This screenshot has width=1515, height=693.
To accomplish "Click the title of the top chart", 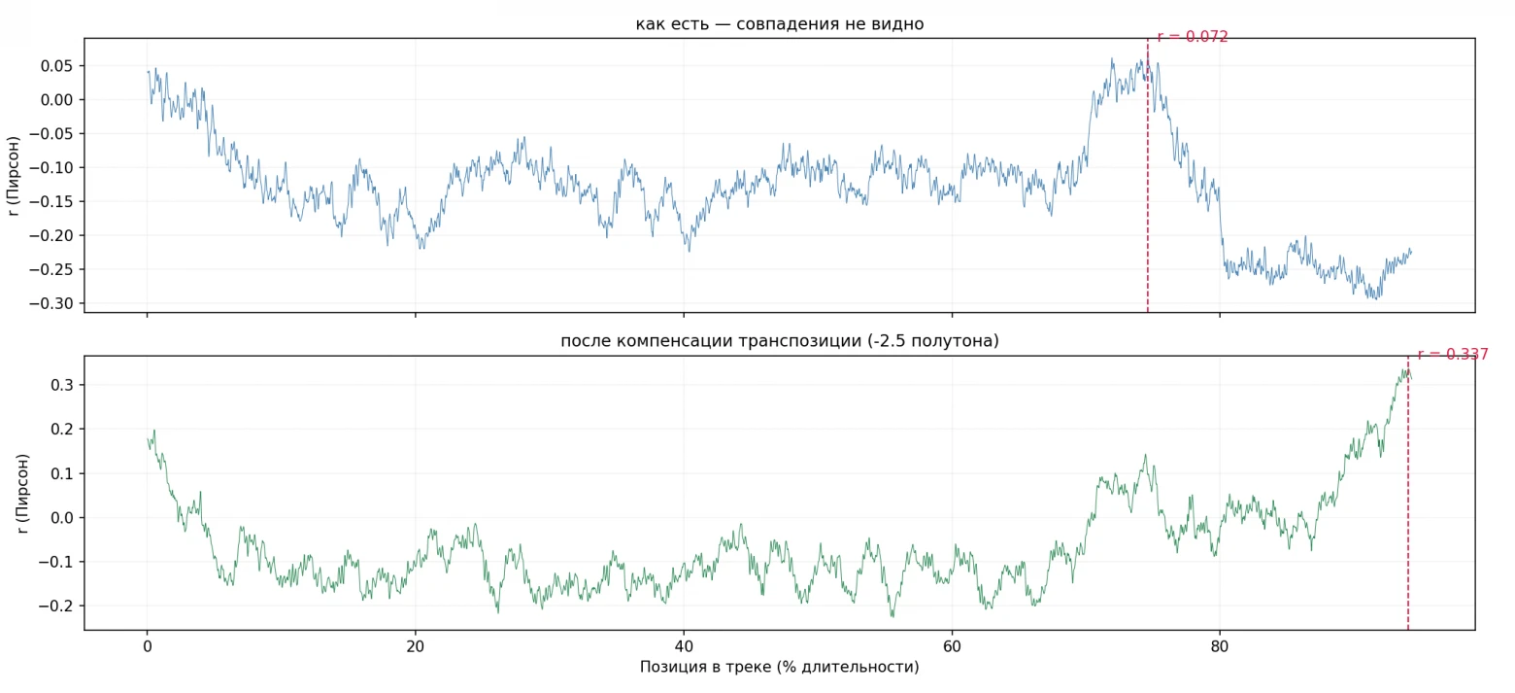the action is coord(779,24).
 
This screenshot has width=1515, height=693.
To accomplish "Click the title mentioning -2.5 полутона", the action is coord(779,340).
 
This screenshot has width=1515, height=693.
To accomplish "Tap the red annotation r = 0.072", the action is coord(1193,37).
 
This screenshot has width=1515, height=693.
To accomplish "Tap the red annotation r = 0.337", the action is coord(1453,354).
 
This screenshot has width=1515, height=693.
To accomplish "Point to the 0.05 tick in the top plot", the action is coord(56,66).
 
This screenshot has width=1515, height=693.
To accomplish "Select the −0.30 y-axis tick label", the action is coord(51,303).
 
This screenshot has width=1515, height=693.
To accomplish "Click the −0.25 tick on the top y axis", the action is coord(51,269).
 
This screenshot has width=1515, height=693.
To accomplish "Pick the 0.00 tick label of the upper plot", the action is coord(56,100).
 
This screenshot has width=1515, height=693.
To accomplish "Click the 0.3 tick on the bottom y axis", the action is coord(62,385).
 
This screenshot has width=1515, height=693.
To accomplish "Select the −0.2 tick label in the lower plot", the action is coord(56,606).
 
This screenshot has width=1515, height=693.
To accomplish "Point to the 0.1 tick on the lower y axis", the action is coord(62,473).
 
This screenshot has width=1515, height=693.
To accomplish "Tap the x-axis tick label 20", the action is coord(416,646).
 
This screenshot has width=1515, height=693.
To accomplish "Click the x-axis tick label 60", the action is coord(952,646).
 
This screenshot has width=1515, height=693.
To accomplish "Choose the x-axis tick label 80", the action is coord(1220,646).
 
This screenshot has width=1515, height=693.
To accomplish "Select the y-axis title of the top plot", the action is coord(13,176).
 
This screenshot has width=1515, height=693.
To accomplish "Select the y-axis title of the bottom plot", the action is coord(23,494).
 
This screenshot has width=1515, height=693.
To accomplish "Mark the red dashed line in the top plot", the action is coord(1148,175).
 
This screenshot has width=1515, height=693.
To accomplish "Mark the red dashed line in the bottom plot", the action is coord(1408,493).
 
